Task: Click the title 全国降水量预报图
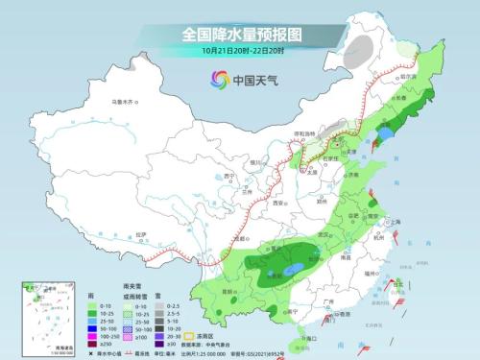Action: (x=240, y=34)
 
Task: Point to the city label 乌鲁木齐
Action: (x=126, y=102)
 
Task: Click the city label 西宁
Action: (x=229, y=176)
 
